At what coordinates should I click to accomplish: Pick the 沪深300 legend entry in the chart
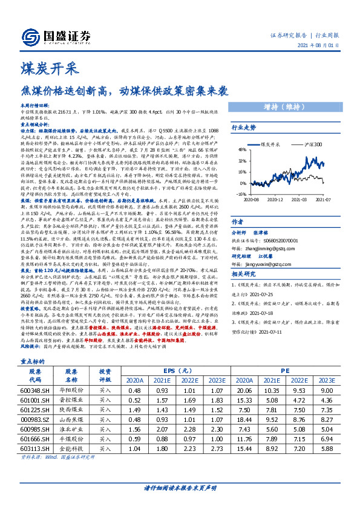tap(311, 145)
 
